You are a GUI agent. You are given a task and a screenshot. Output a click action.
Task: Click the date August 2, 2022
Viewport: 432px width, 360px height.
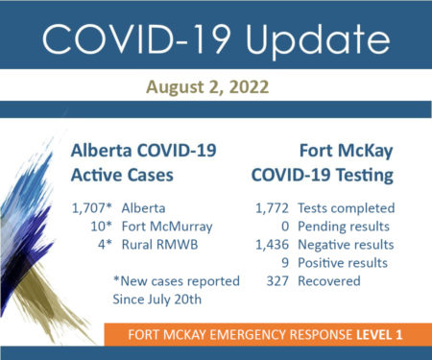(x=207, y=87)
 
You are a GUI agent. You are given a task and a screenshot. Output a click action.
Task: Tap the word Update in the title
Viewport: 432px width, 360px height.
(x=318, y=39)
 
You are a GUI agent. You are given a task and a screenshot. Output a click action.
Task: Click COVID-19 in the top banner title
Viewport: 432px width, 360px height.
(x=136, y=38)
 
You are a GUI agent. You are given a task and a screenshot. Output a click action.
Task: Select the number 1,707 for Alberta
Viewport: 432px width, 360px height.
(x=89, y=208)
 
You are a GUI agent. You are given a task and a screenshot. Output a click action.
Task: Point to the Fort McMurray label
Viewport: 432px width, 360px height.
(x=167, y=227)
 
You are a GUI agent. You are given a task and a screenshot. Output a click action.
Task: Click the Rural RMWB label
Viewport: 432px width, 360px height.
(x=159, y=245)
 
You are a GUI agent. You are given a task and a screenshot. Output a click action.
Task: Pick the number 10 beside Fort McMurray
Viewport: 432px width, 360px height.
(x=99, y=227)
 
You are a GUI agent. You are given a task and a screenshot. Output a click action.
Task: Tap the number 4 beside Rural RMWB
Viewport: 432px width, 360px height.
(x=102, y=245)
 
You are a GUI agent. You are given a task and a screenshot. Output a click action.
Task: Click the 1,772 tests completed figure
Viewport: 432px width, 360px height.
(x=272, y=208)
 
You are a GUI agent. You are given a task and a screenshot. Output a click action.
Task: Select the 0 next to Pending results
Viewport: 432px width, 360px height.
(x=285, y=227)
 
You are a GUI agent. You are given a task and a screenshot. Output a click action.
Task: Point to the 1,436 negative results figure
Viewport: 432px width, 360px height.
(x=272, y=245)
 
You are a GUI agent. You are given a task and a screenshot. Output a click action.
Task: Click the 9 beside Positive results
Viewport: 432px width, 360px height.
(x=285, y=263)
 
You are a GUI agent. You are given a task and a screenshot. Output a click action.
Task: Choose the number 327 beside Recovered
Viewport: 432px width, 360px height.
(x=277, y=281)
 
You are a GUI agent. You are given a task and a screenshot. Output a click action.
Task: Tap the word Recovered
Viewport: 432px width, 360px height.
(x=329, y=281)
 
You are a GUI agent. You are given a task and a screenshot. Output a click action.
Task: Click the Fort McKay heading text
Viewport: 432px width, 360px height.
(x=346, y=151)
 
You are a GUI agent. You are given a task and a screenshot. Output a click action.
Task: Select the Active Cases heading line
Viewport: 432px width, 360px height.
(x=122, y=176)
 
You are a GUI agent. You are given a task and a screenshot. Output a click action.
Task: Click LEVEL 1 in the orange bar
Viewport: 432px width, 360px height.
(x=379, y=335)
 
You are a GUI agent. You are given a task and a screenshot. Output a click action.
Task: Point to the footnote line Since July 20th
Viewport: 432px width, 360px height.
(x=157, y=300)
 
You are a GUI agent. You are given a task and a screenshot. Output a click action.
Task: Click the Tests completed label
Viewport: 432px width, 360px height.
(x=347, y=208)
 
